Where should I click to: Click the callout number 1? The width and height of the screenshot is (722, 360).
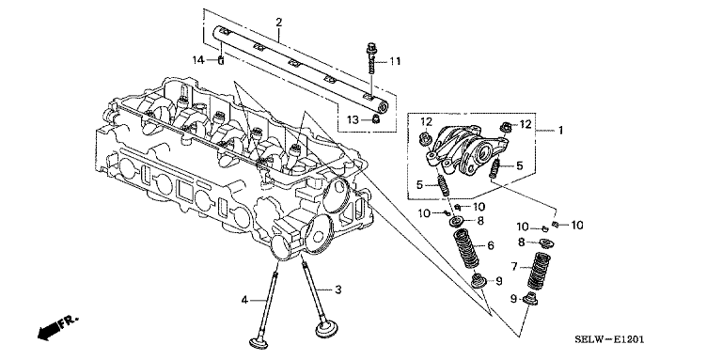[x=560, y=131]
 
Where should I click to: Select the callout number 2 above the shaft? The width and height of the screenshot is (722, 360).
[x=278, y=23]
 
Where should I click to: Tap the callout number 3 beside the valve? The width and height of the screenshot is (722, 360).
[x=338, y=290]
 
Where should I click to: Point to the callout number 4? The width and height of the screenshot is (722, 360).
[x=244, y=300]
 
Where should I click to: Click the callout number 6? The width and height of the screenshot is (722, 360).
[x=491, y=246]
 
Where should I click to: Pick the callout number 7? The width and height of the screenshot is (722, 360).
[x=515, y=266]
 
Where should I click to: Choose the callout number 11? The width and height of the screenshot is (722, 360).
[x=395, y=61]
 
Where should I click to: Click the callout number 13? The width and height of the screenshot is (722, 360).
[x=353, y=120]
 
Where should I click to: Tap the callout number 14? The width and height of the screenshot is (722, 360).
[x=198, y=60]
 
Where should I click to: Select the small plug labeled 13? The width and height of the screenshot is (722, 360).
[x=376, y=120]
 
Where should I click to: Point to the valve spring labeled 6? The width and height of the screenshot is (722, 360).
[x=467, y=249]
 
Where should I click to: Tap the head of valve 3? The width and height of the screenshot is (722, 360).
[x=326, y=329]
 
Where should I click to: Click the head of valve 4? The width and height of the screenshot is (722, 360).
[x=261, y=343]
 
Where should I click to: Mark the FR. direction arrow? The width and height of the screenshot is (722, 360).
[x=56, y=327]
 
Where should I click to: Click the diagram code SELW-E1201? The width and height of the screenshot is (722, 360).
[x=609, y=339]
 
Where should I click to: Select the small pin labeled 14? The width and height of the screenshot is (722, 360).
[x=221, y=60]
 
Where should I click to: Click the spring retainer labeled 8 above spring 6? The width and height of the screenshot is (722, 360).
[x=457, y=222]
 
